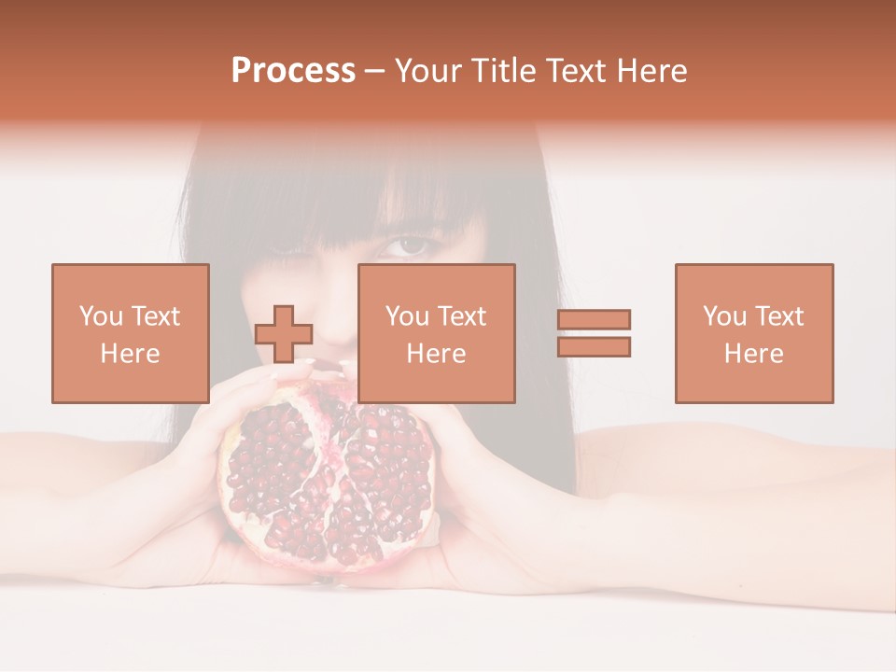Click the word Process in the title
click(x=293, y=71)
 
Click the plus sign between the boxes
click(x=284, y=334)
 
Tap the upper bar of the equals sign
click(x=594, y=319)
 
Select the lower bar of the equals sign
click(x=594, y=347)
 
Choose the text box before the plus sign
click(x=130, y=333)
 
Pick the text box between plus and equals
click(x=436, y=333)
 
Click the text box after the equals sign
click(x=753, y=333)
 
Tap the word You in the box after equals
click(x=724, y=316)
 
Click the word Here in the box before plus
click(x=130, y=354)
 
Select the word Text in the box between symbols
click(x=462, y=316)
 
